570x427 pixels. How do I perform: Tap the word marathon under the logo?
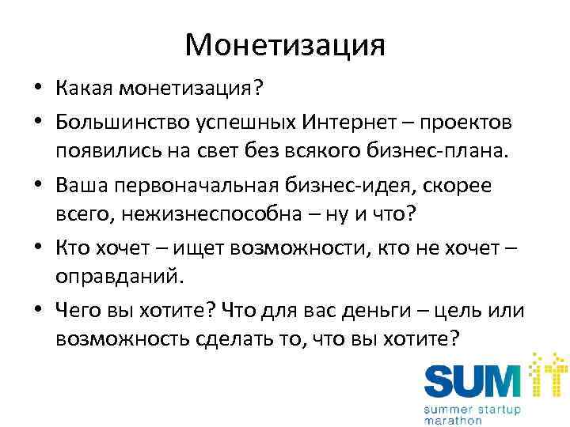[454, 420]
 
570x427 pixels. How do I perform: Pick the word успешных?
[249, 123]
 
